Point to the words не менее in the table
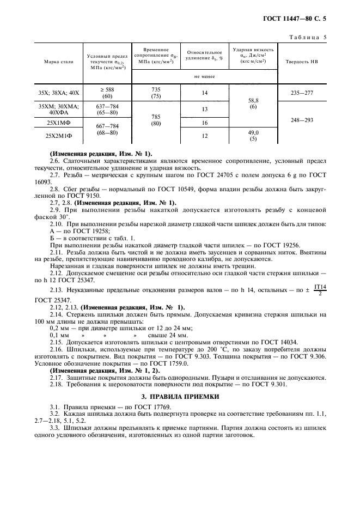(204, 77)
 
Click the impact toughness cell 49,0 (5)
(253, 136)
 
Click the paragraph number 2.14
(55, 314)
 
